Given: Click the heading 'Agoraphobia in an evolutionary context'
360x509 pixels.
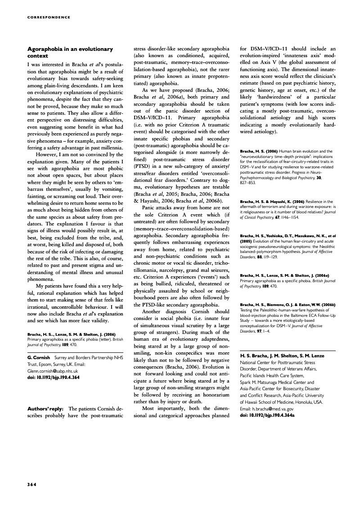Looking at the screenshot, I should [x=70, y=52].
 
